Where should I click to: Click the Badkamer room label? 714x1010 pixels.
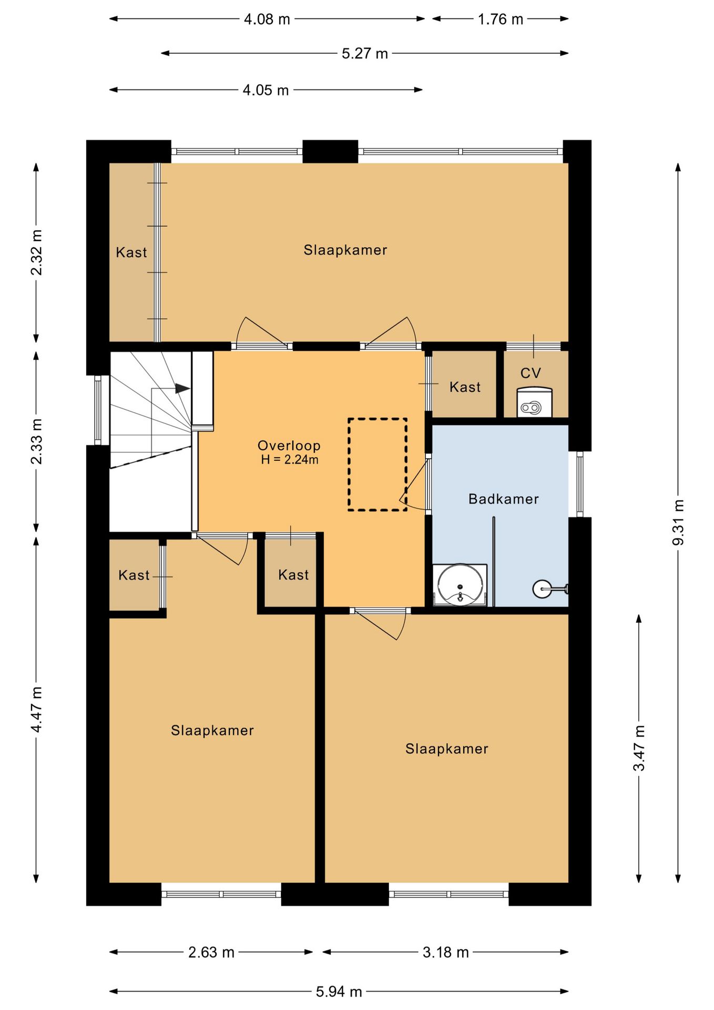point(503,499)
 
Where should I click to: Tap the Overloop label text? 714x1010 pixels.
point(289,446)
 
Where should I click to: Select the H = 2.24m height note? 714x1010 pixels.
point(290,459)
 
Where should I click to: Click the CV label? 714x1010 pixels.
point(531,373)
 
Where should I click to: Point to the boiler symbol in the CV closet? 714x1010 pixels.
point(534,402)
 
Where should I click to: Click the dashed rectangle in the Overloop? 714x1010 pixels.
point(348,464)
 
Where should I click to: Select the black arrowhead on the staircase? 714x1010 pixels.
point(182,389)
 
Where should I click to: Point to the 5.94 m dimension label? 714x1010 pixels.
point(339,992)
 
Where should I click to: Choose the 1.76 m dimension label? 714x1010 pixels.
point(500,19)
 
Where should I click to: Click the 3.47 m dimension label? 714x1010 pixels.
point(639,748)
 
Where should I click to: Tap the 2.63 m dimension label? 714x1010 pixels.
point(211,952)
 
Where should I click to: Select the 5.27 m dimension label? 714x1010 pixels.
point(365,54)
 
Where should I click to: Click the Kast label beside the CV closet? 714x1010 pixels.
point(465,387)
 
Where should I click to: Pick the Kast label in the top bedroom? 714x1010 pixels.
point(131,252)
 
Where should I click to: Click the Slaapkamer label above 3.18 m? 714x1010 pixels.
point(446,749)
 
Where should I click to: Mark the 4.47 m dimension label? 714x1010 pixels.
point(36,710)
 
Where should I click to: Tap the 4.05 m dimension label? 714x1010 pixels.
point(266,90)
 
